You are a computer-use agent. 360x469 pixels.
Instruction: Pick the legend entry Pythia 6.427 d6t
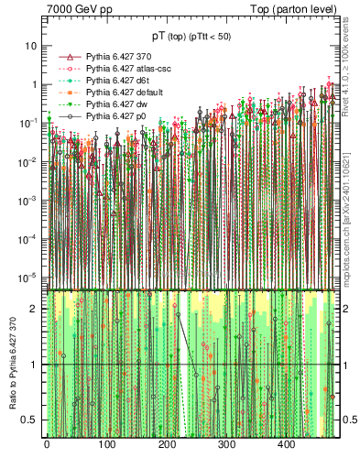click(x=116, y=81)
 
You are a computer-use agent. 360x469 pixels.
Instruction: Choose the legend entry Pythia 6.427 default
click(x=121, y=93)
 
